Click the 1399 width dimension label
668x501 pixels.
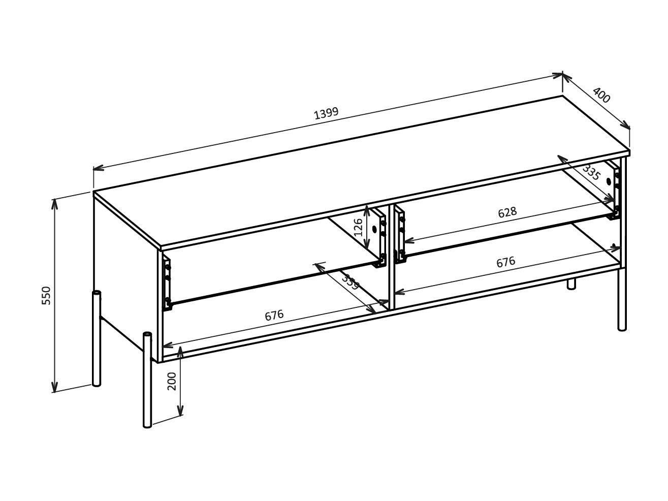[326, 113]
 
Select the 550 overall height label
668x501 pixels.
[46, 295]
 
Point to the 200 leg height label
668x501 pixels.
[172, 381]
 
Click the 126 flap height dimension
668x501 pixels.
[358, 227]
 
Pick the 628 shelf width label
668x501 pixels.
[507, 212]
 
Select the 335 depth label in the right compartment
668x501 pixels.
[591, 173]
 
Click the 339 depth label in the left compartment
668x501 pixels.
[350, 281]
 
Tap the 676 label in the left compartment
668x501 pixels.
[274, 316]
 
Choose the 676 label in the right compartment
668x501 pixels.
[505, 262]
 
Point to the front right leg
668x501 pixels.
[622, 300]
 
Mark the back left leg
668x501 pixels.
[97, 338]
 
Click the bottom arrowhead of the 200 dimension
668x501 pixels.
[180, 412]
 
